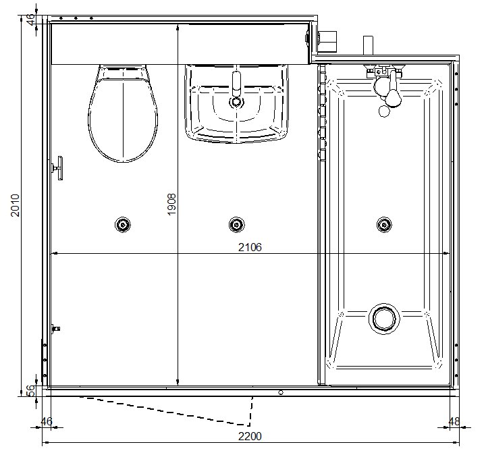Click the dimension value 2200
coord(250,436)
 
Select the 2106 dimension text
coord(250,247)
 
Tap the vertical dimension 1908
coord(171,204)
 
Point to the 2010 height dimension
coord(15,205)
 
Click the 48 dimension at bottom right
coord(454,421)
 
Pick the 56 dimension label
coord(31,391)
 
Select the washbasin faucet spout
coord(236,84)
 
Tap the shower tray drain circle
coord(384,319)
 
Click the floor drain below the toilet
coord(123,225)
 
